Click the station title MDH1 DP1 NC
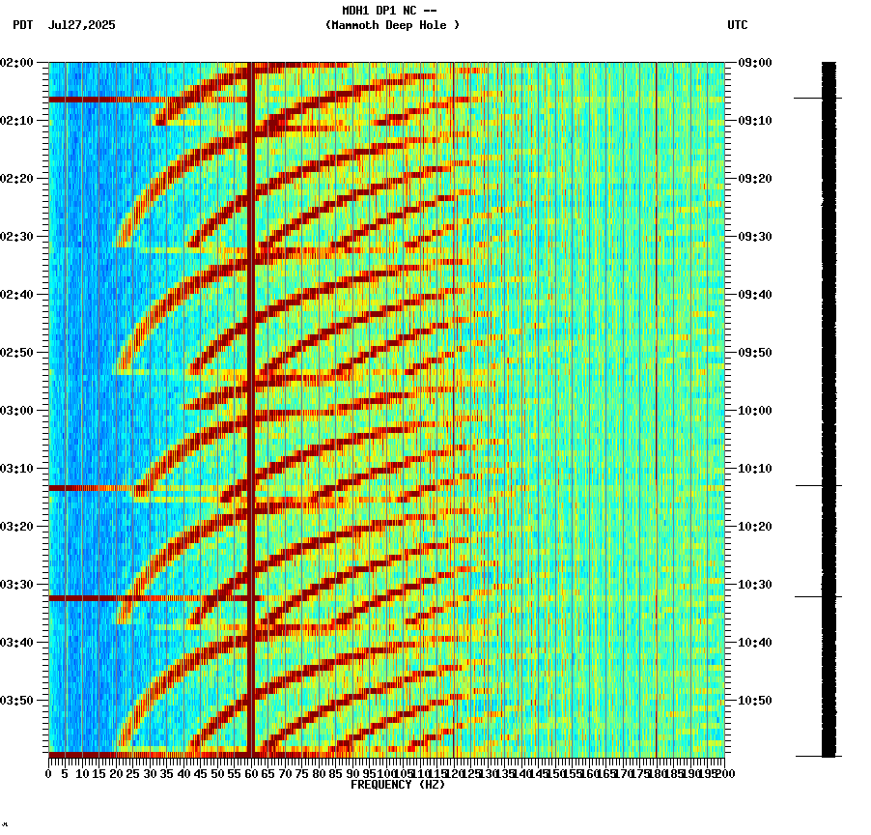(x=390, y=11)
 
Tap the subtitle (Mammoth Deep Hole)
(x=392, y=25)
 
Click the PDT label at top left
(x=22, y=25)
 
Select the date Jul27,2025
(x=81, y=25)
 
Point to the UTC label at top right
(x=738, y=25)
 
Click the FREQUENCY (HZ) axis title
(x=398, y=785)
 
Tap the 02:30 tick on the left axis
(x=17, y=236)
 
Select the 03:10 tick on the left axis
(x=17, y=468)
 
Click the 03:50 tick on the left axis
(x=17, y=700)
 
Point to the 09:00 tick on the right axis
(x=753, y=62)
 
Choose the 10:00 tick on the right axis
(x=753, y=410)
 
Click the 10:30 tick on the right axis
(x=753, y=584)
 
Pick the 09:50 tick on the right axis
(x=753, y=352)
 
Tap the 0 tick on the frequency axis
(x=49, y=774)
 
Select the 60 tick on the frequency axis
(x=252, y=774)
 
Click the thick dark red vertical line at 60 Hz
(x=251, y=406)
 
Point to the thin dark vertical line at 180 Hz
(x=657, y=290)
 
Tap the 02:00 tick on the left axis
(x=17, y=62)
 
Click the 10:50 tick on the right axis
(x=753, y=700)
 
